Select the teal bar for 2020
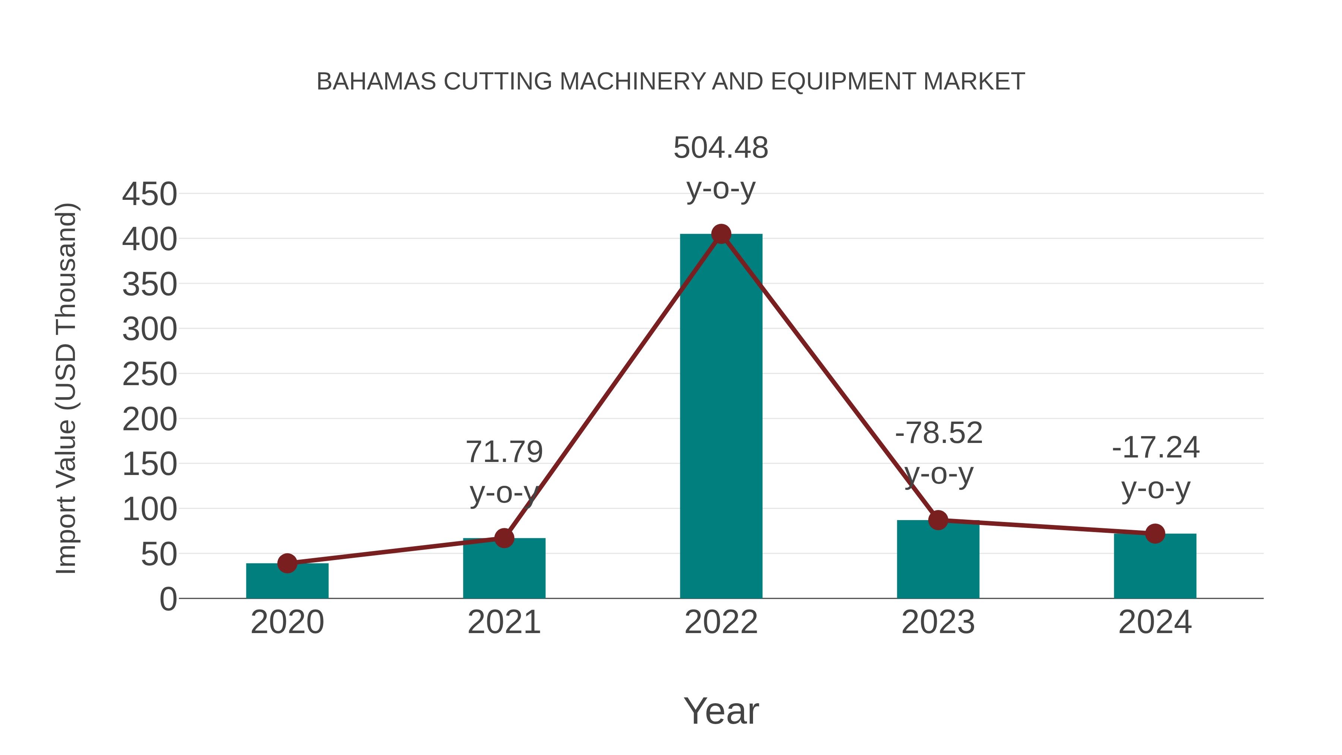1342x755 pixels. point(287,582)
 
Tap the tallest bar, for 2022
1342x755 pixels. point(721,417)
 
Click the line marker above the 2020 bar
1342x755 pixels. point(287,563)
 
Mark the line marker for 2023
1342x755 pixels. point(938,520)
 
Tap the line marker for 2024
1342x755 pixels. point(1155,534)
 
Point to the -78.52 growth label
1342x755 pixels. point(938,433)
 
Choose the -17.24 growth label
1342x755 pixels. point(1156,447)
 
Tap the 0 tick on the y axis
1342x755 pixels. point(168,599)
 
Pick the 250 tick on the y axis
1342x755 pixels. point(149,375)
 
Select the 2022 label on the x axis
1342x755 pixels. point(721,622)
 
